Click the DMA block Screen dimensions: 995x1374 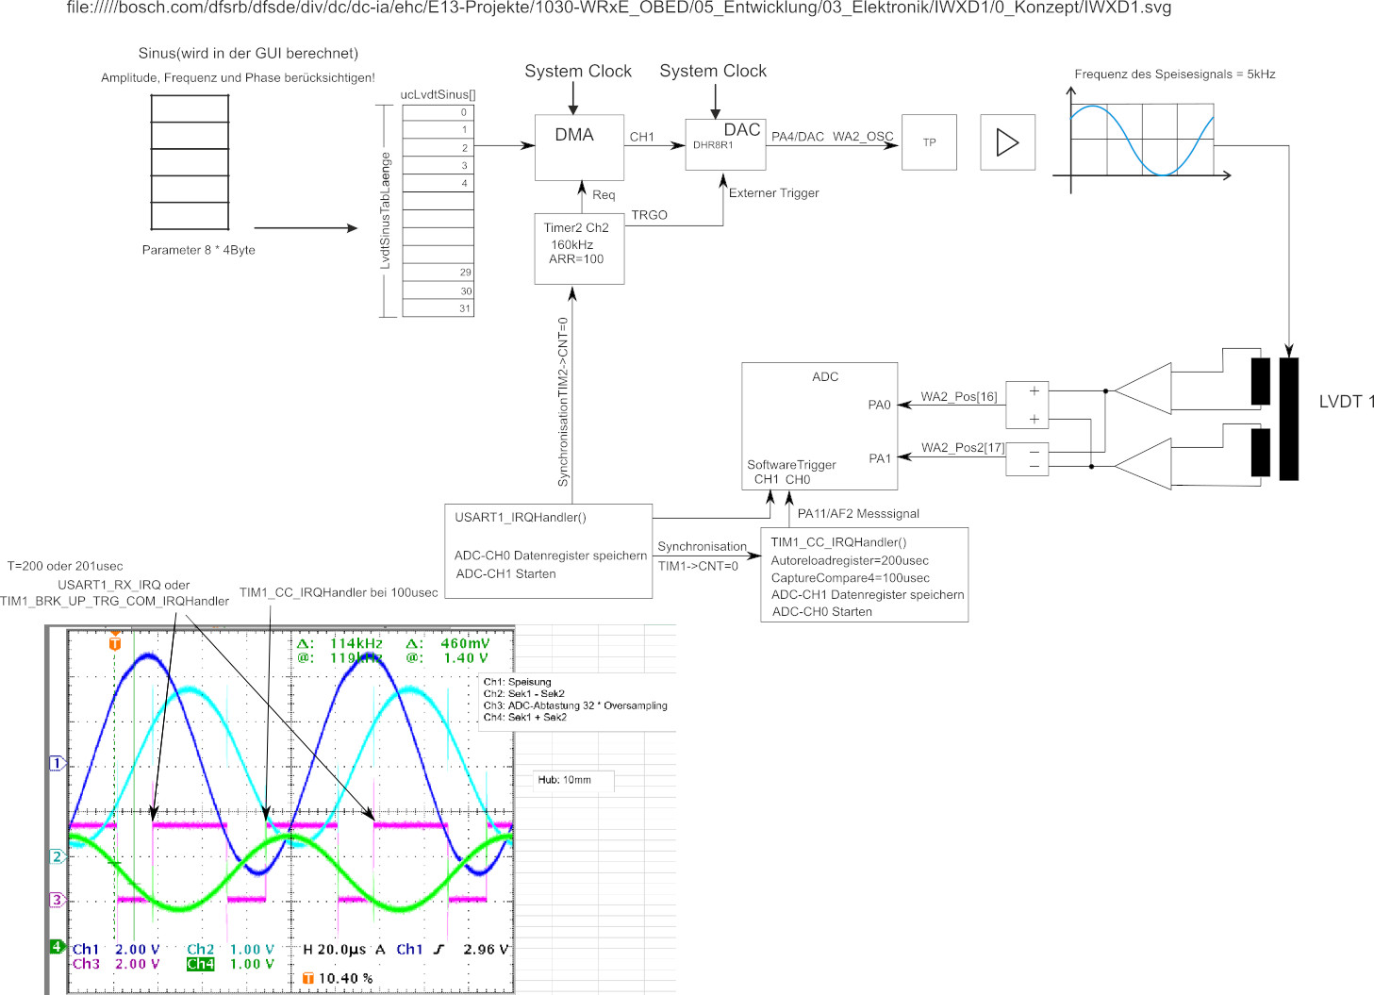(x=578, y=147)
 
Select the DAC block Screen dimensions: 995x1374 (x=725, y=143)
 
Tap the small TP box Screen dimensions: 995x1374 (x=929, y=142)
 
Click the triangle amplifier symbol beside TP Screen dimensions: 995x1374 (x=1007, y=142)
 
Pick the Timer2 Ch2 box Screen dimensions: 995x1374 (x=578, y=249)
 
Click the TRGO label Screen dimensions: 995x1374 (x=649, y=215)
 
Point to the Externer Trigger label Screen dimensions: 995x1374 (x=773, y=193)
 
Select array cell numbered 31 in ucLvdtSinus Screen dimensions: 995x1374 (x=439, y=307)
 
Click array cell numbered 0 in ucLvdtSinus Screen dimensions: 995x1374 (x=439, y=112)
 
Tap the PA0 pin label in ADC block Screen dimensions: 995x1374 (x=879, y=406)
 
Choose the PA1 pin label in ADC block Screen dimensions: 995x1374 (x=879, y=459)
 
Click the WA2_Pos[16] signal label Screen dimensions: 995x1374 (x=958, y=397)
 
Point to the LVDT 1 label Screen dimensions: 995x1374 (x=1346, y=402)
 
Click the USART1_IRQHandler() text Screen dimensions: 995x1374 (x=521, y=518)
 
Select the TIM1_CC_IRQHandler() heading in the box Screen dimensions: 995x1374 (x=838, y=542)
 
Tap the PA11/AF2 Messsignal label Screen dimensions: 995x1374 (x=858, y=514)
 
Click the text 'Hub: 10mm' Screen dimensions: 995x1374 (x=564, y=780)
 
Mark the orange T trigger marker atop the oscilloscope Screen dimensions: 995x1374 (x=115, y=643)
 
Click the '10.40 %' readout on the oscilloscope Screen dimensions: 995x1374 (x=345, y=979)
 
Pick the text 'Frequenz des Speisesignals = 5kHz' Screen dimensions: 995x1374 (x=1174, y=75)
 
